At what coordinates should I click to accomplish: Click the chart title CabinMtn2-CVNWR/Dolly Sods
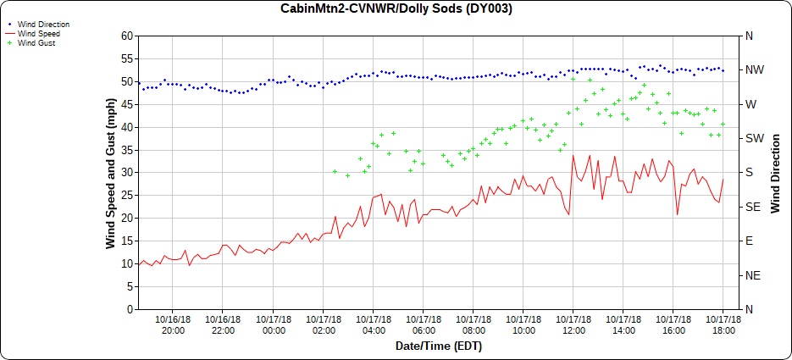(396, 8)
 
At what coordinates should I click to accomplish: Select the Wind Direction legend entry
(43, 25)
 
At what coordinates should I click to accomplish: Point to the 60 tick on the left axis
(128, 36)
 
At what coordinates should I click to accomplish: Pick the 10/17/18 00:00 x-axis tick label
(273, 324)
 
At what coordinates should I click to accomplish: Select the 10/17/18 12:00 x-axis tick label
(573, 324)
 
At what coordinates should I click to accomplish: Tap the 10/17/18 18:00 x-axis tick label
(723, 324)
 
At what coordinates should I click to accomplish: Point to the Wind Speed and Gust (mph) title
(111, 173)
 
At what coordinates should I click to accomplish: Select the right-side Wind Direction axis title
(774, 173)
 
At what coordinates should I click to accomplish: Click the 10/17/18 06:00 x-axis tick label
(423, 324)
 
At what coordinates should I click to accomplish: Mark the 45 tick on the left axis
(128, 104)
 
